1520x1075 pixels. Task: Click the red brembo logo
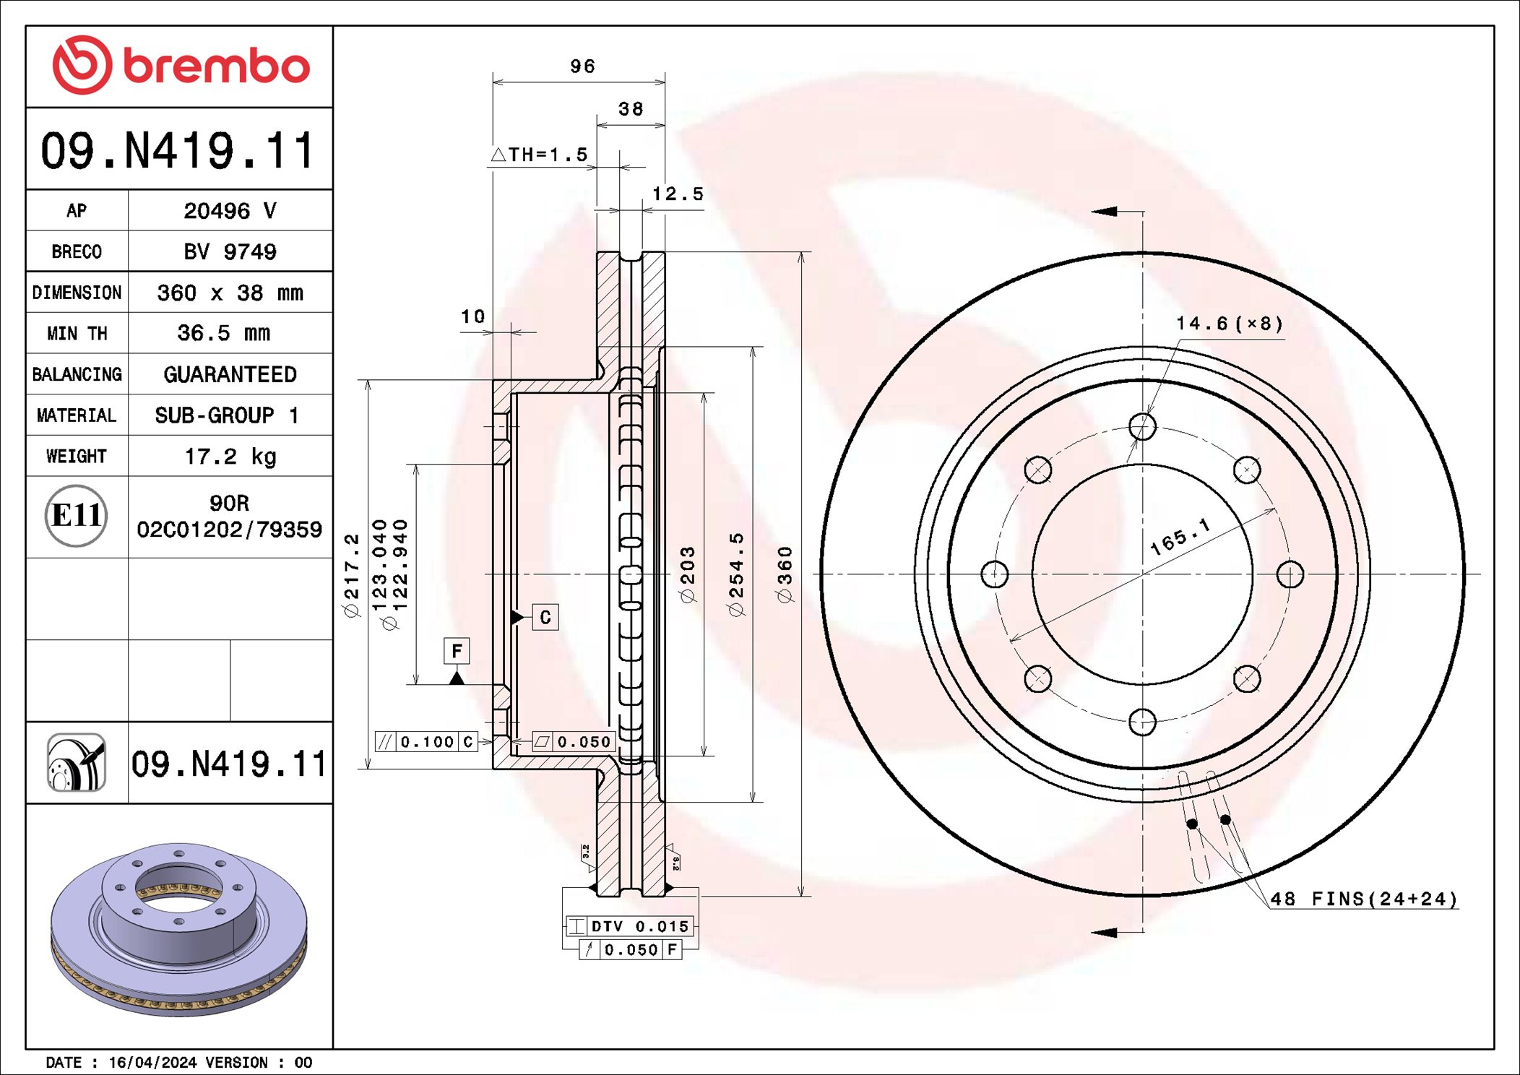181,65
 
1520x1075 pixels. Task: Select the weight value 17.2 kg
230,456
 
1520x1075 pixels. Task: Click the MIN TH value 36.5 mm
223,333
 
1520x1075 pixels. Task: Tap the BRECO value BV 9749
230,251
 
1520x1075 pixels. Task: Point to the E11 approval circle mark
76,516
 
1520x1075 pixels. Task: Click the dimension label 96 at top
582,66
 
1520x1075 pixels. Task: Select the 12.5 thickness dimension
677,194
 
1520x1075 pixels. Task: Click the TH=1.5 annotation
540,155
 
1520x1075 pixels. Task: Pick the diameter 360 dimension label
785,574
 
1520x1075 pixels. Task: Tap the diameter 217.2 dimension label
351,575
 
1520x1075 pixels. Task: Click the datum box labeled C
545,617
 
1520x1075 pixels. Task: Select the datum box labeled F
457,651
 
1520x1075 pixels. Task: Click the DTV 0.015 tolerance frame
629,926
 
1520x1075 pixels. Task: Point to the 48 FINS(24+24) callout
1363,899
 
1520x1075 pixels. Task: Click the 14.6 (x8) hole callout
1229,323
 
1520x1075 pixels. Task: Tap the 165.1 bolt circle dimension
1180,537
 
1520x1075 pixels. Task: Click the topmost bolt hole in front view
1142,426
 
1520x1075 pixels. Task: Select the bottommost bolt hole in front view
1142,721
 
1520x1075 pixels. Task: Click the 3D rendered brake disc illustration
179,928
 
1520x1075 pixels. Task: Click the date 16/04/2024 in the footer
152,1062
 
